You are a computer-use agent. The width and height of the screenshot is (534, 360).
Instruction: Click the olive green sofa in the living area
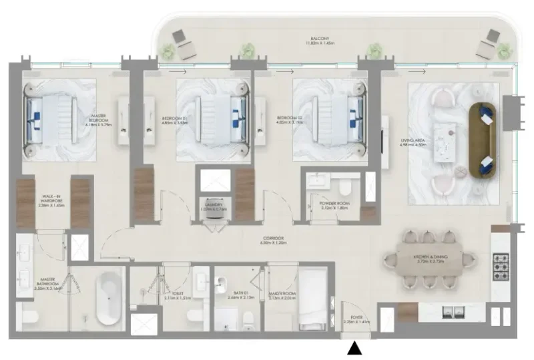point(483,140)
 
